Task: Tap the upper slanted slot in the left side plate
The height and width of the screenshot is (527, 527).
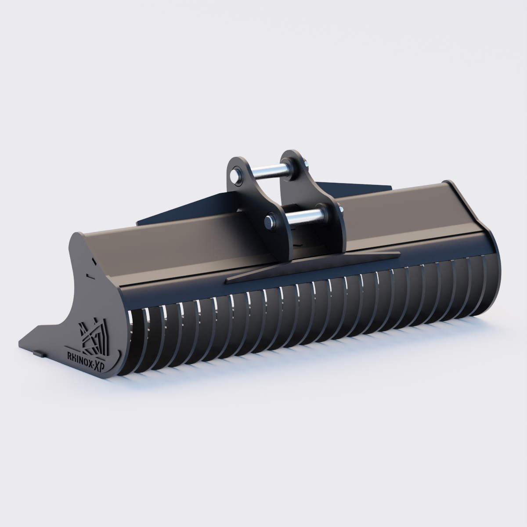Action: click(94, 262)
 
